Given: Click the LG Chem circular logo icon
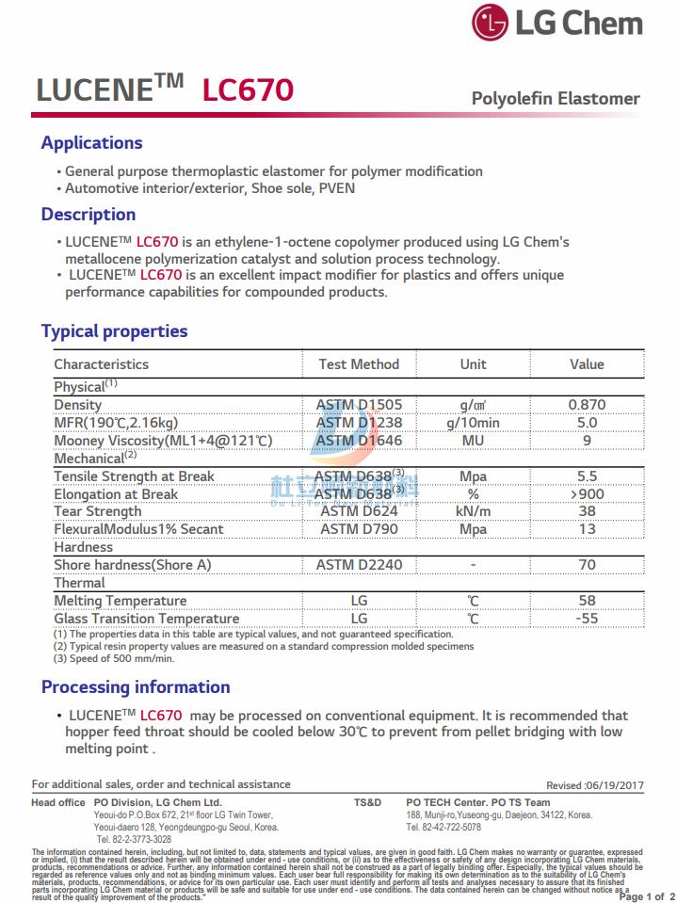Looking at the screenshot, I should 490,24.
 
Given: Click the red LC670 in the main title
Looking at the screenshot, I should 248,90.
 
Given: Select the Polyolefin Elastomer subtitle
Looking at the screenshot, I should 556,99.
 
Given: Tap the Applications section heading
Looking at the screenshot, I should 91,143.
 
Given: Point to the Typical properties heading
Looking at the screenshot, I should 114,331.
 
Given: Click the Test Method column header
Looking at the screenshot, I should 359,364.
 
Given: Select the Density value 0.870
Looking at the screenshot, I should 587,405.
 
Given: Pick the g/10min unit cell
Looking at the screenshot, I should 473,423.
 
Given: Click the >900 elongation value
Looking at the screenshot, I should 587,494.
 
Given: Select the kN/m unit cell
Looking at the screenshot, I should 473,511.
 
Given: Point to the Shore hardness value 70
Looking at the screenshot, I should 587,565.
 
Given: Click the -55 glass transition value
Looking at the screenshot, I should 587,619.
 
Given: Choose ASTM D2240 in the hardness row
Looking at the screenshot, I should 359,565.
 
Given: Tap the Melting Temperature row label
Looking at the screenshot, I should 120,601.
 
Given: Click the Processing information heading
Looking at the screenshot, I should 136,687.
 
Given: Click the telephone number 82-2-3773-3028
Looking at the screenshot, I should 134,839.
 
